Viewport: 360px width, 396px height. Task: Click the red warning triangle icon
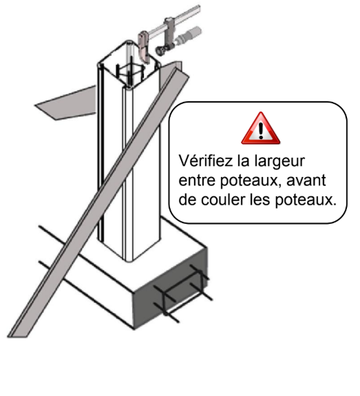(261, 129)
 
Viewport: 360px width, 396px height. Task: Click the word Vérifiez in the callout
(206, 160)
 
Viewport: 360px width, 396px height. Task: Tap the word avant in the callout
(306, 180)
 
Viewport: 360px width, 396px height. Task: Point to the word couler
(223, 200)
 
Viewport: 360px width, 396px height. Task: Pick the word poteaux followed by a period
(306, 200)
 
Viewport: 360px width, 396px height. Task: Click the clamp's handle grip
(189, 34)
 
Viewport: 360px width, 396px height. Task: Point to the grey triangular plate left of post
(66, 103)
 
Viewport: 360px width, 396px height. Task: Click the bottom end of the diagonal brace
(18, 334)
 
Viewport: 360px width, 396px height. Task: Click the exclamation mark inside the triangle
(261, 130)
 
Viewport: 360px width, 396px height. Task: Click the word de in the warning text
(187, 200)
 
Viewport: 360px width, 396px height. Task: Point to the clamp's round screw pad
(160, 50)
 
